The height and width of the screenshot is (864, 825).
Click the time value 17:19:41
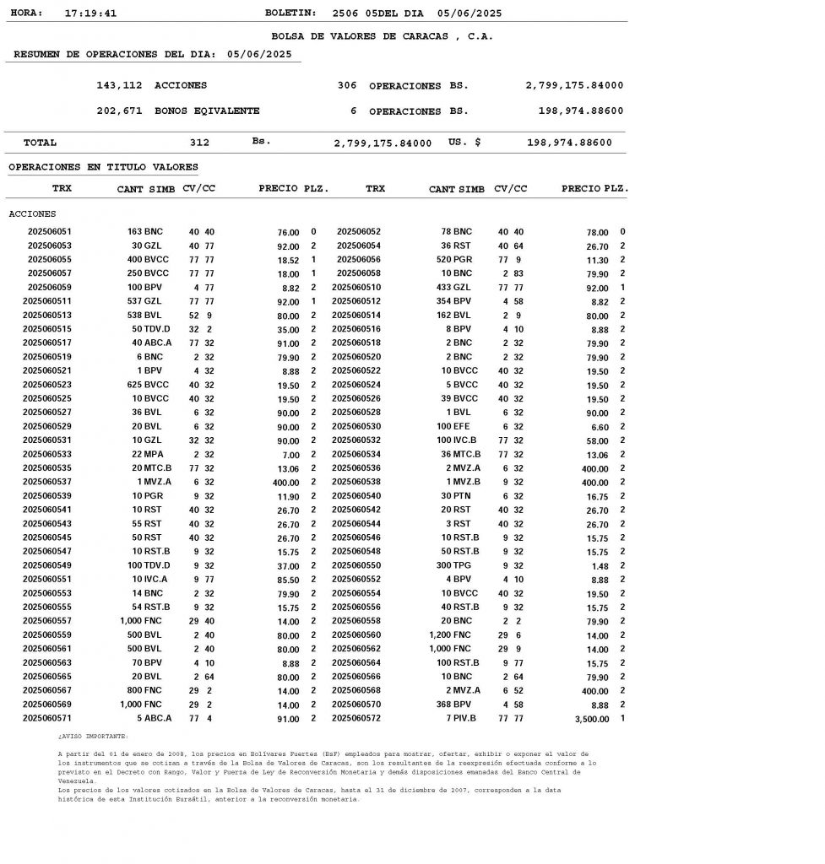pos(90,13)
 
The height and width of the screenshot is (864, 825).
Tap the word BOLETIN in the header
pos(290,13)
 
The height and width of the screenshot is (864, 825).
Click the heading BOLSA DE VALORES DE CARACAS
pos(382,36)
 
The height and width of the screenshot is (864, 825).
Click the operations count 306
pos(346,85)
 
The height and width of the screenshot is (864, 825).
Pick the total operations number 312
pos(199,143)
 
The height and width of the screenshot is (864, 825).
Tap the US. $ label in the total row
pos(464,143)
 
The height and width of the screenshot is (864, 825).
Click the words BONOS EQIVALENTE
pos(207,111)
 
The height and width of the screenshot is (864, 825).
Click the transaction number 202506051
pos(50,231)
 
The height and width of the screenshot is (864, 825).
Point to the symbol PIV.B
pos(464,718)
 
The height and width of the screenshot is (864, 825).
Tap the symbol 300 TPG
pos(455,565)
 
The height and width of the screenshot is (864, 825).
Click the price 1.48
pos(599,566)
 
